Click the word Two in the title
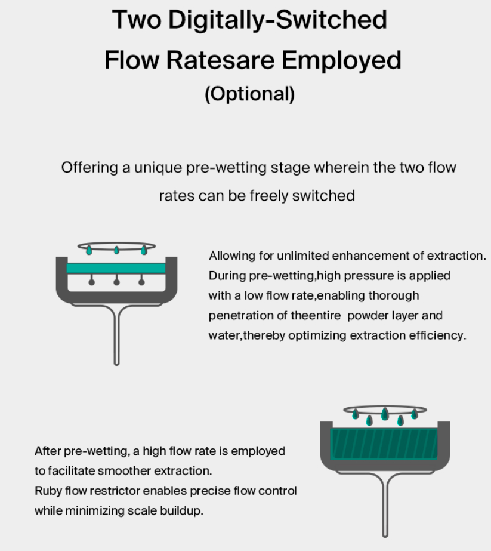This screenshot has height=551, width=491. (135, 20)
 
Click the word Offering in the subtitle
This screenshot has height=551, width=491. (89, 168)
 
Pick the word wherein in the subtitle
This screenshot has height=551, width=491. (341, 167)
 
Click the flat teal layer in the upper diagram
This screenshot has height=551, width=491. (116, 269)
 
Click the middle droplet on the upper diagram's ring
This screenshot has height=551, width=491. (116, 250)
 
